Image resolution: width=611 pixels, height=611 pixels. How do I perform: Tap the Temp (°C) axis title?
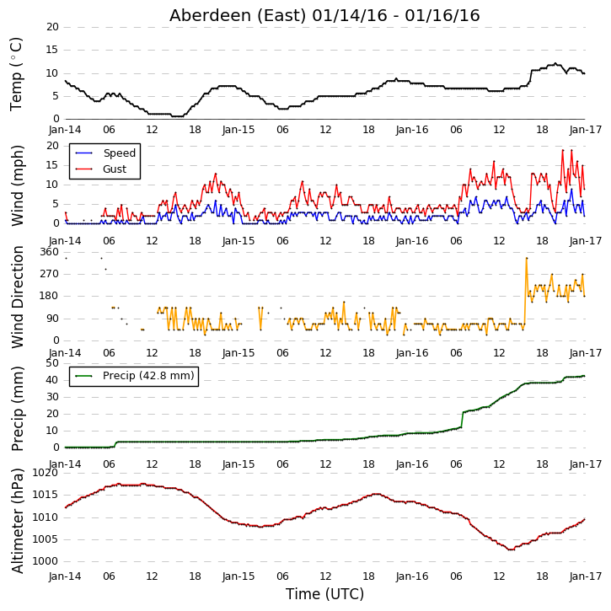[16, 74]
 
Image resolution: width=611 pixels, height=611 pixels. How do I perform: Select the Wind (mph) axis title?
[17, 186]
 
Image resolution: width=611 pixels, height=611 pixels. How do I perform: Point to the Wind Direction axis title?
[17, 297]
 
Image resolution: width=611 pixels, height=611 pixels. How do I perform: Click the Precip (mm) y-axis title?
[17, 409]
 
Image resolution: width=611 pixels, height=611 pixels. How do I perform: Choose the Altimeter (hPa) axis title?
[17, 521]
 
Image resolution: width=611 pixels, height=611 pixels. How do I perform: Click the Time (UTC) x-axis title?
[324, 594]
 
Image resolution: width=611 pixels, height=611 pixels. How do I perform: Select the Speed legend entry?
[119, 153]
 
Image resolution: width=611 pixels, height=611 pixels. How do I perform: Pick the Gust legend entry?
[115, 169]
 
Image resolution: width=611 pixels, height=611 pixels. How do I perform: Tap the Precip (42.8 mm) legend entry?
[148, 376]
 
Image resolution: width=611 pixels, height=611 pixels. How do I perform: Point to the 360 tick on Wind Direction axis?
[50, 252]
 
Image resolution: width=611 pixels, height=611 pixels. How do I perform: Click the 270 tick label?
[50, 274]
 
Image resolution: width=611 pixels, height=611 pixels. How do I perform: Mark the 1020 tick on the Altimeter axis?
[46, 473]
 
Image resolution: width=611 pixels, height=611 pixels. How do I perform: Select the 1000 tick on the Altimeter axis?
[46, 561]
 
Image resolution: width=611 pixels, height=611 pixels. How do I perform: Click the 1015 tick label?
[46, 495]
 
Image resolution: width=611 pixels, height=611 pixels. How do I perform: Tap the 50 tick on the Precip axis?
[52, 363]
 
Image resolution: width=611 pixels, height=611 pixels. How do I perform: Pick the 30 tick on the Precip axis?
[52, 397]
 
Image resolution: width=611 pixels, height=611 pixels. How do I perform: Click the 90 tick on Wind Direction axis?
[52, 319]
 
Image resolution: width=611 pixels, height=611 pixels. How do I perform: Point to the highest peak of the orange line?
[527, 258]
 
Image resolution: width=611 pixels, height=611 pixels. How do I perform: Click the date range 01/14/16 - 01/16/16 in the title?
[396, 15]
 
